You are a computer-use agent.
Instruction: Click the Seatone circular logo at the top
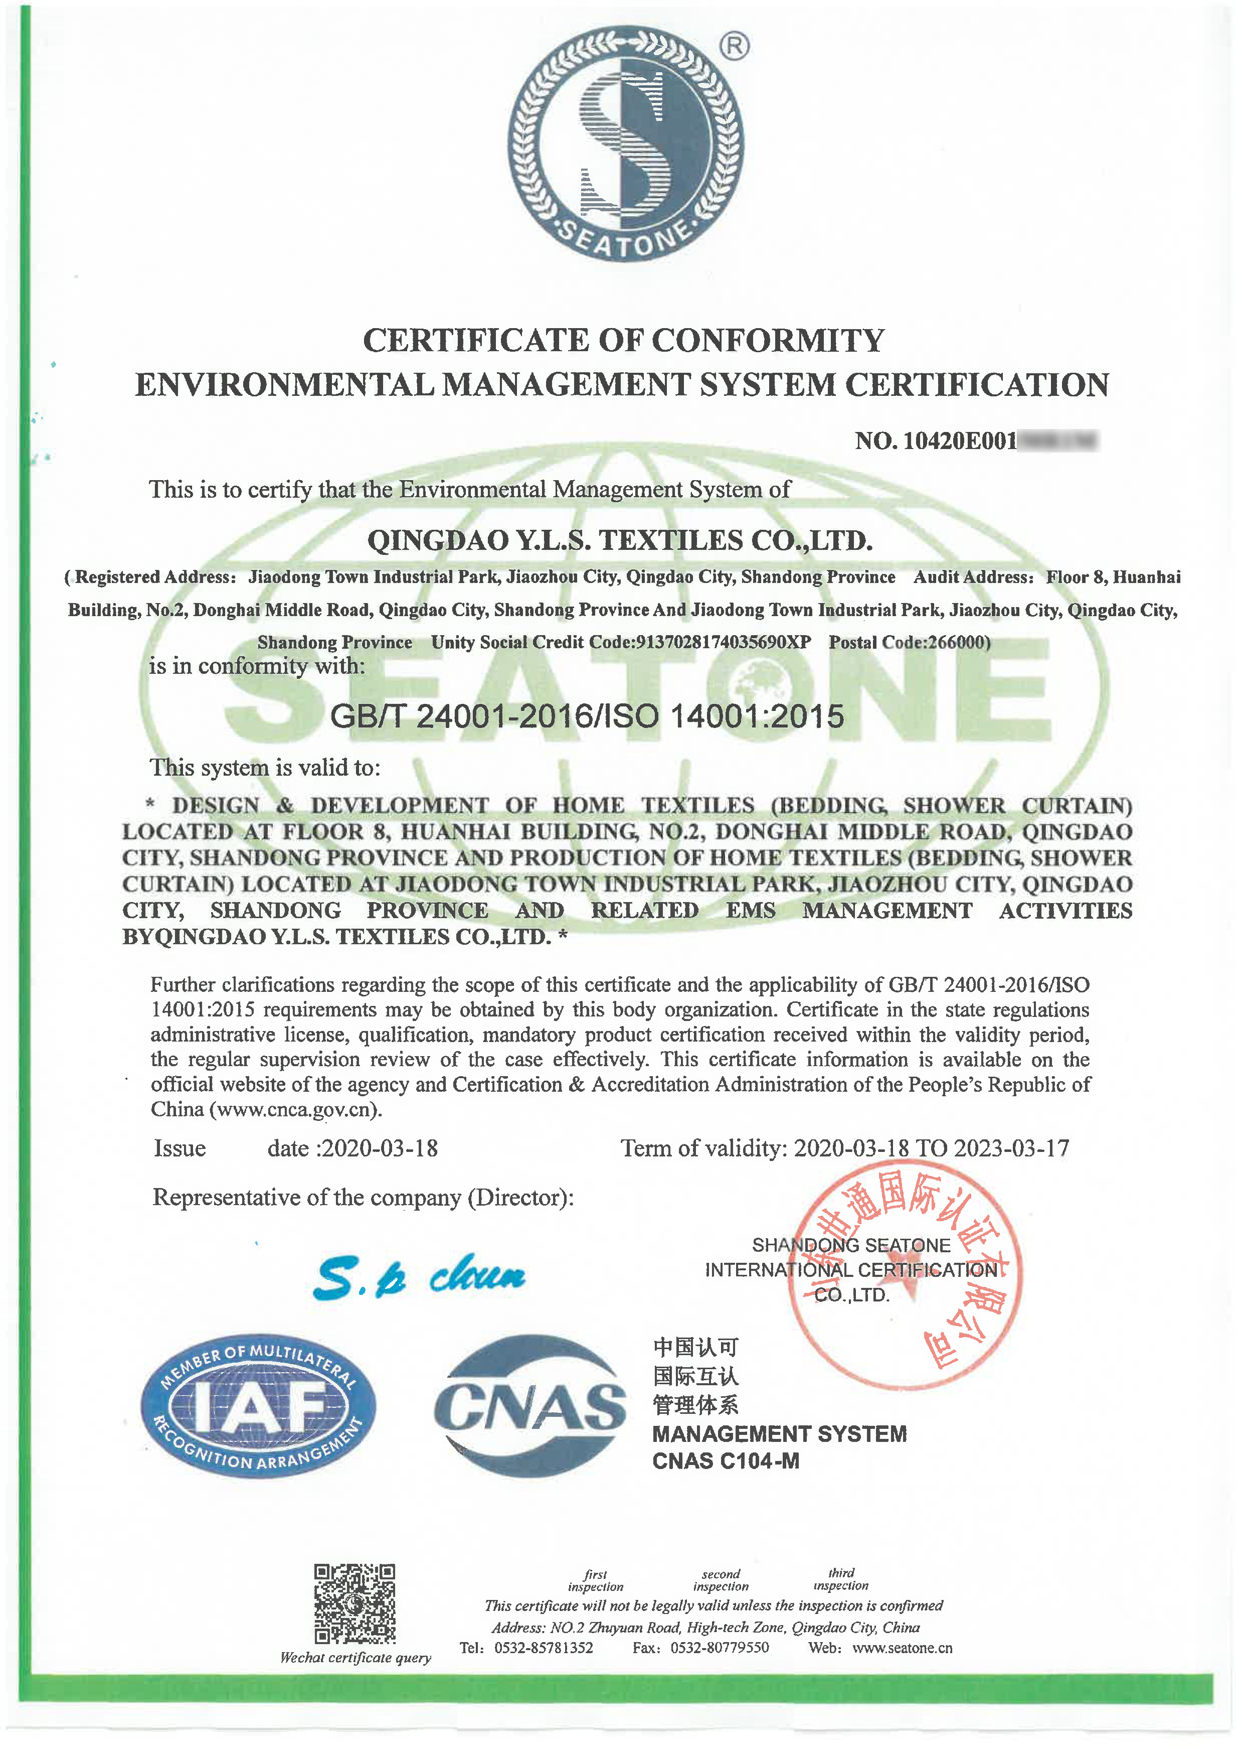coord(625,144)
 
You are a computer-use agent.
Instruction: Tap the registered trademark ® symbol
coord(735,47)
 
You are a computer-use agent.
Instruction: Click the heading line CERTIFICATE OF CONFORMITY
coord(623,341)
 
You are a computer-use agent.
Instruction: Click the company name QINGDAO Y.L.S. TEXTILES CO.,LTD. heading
coord(620,540)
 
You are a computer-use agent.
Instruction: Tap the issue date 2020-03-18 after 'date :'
coord(380,1148)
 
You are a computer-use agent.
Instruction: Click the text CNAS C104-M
coord(726,1461)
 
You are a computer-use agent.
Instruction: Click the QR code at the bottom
coord(355,1604)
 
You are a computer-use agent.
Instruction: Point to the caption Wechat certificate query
coord(355,1658)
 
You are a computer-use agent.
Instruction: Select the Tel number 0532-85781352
coord(544,1648)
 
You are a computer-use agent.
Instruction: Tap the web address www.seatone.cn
coord(903,1648)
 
